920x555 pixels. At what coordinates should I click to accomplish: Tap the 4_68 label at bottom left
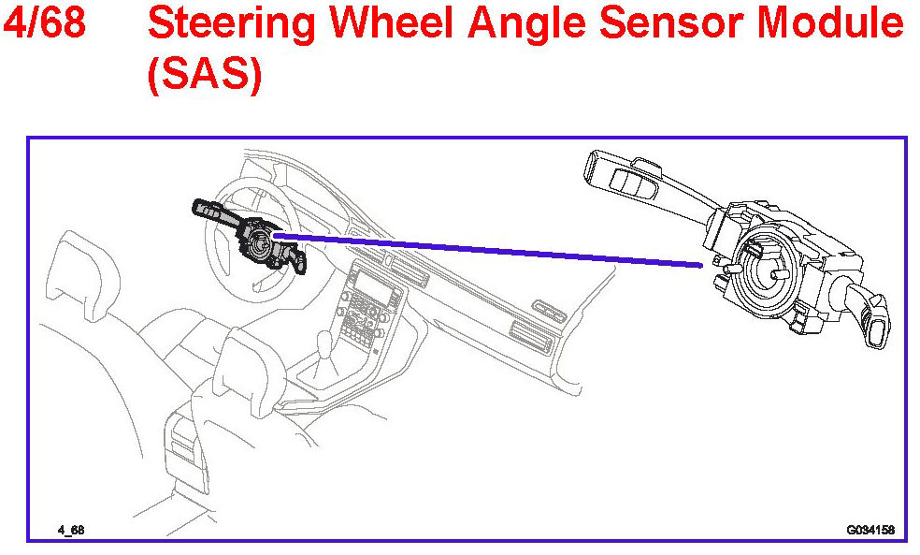click(71, 530)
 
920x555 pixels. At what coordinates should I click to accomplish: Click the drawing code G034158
click(870, 530)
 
